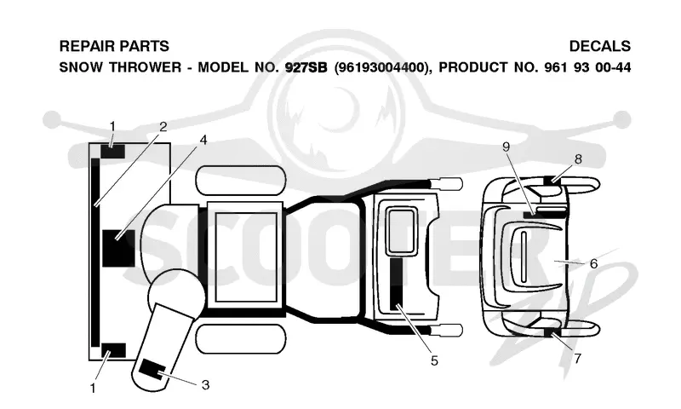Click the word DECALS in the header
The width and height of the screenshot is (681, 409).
600,46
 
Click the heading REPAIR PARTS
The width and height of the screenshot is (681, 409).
114,46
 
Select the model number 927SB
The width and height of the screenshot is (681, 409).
306,68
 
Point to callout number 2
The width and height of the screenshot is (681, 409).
163,127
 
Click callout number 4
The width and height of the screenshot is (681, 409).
203,140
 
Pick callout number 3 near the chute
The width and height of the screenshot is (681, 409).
205,384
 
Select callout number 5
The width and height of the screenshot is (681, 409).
434,360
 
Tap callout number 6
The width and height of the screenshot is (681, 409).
593,263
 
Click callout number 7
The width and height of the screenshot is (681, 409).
578,359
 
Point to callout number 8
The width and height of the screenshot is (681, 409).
578,159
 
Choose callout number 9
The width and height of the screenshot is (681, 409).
506,147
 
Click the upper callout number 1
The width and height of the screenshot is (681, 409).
112,126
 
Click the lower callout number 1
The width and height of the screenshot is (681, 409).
93,388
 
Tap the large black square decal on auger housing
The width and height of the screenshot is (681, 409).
118,248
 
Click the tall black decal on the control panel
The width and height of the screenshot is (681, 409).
396,284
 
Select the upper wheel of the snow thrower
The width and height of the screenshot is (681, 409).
241,181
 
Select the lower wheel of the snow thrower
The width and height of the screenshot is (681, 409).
241,339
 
